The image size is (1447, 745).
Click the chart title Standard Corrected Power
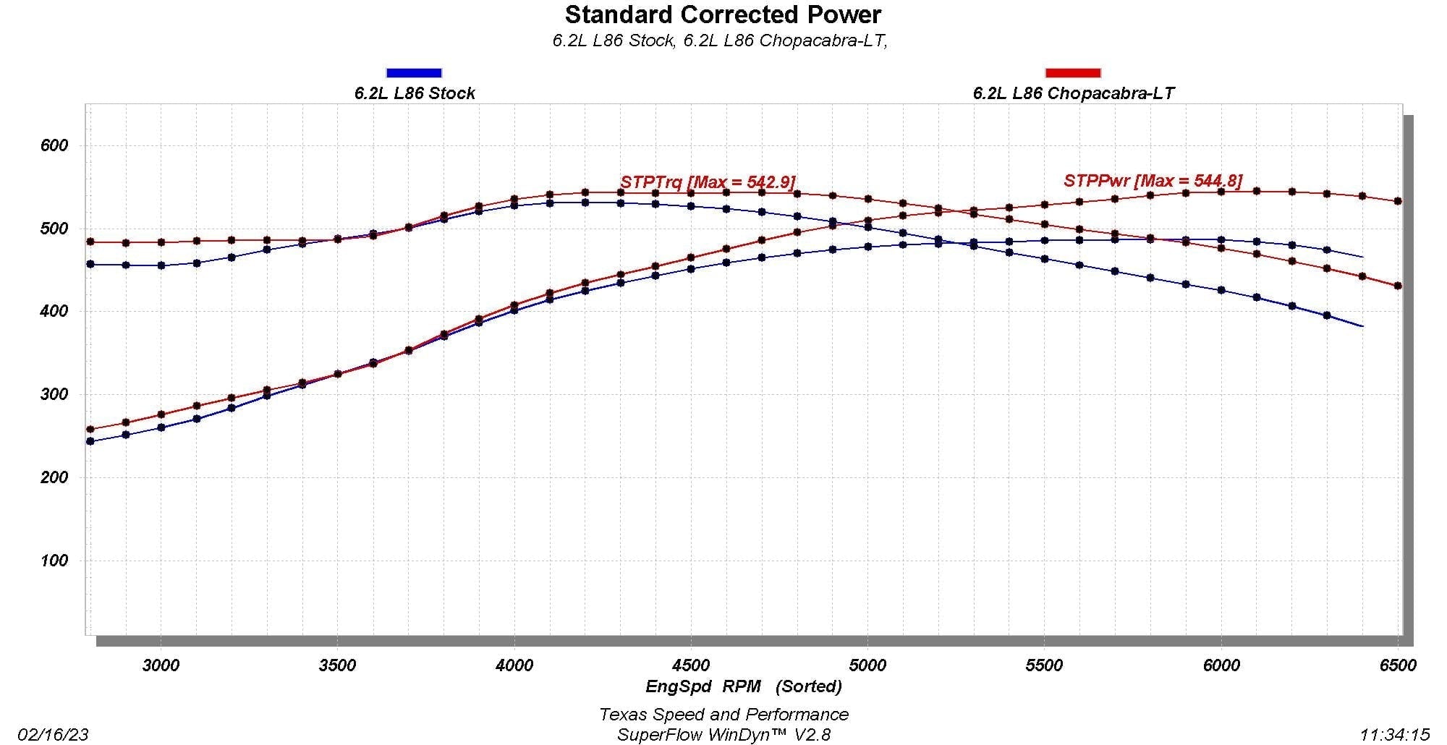(723, 14)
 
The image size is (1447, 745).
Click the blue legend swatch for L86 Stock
(414, 72)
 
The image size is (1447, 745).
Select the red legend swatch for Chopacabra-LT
(1073, 72)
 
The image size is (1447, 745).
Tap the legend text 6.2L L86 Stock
(415, 93)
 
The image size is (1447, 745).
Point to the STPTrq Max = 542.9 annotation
(708, 182)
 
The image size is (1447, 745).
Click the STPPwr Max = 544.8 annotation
(1153, 180)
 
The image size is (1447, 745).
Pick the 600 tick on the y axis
(54, 145)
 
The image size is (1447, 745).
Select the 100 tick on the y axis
(54, 561)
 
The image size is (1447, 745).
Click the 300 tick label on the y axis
(54, 395)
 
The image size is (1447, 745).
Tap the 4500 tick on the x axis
(690, 665)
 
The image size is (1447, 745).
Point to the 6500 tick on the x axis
(1397, 665)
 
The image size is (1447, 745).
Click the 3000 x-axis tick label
(160, 665)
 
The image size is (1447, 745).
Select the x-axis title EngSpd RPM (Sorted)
(743, 686)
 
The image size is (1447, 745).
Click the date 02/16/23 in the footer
(57, 735)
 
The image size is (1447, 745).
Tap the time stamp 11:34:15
(1394, 735)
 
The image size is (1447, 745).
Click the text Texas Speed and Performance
(723, 715)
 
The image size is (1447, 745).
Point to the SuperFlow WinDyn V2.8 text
(723, 735)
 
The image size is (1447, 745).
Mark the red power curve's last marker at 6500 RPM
(1398, 201)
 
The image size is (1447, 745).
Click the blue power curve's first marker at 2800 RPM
(90, 441)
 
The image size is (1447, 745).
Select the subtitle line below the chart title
(720, 41)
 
